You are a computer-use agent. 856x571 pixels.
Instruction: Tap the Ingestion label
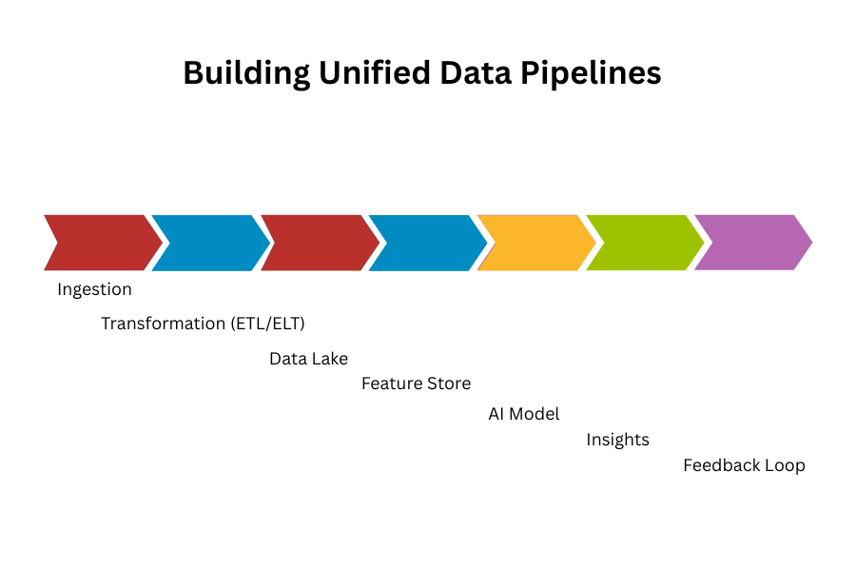coord(94,289)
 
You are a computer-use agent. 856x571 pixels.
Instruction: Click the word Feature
coord(391,384)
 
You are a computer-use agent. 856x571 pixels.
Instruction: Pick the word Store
coord(448,384)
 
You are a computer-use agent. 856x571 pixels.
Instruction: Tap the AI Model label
coord(524,414)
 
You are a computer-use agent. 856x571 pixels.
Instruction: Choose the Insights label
coord(618,440)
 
